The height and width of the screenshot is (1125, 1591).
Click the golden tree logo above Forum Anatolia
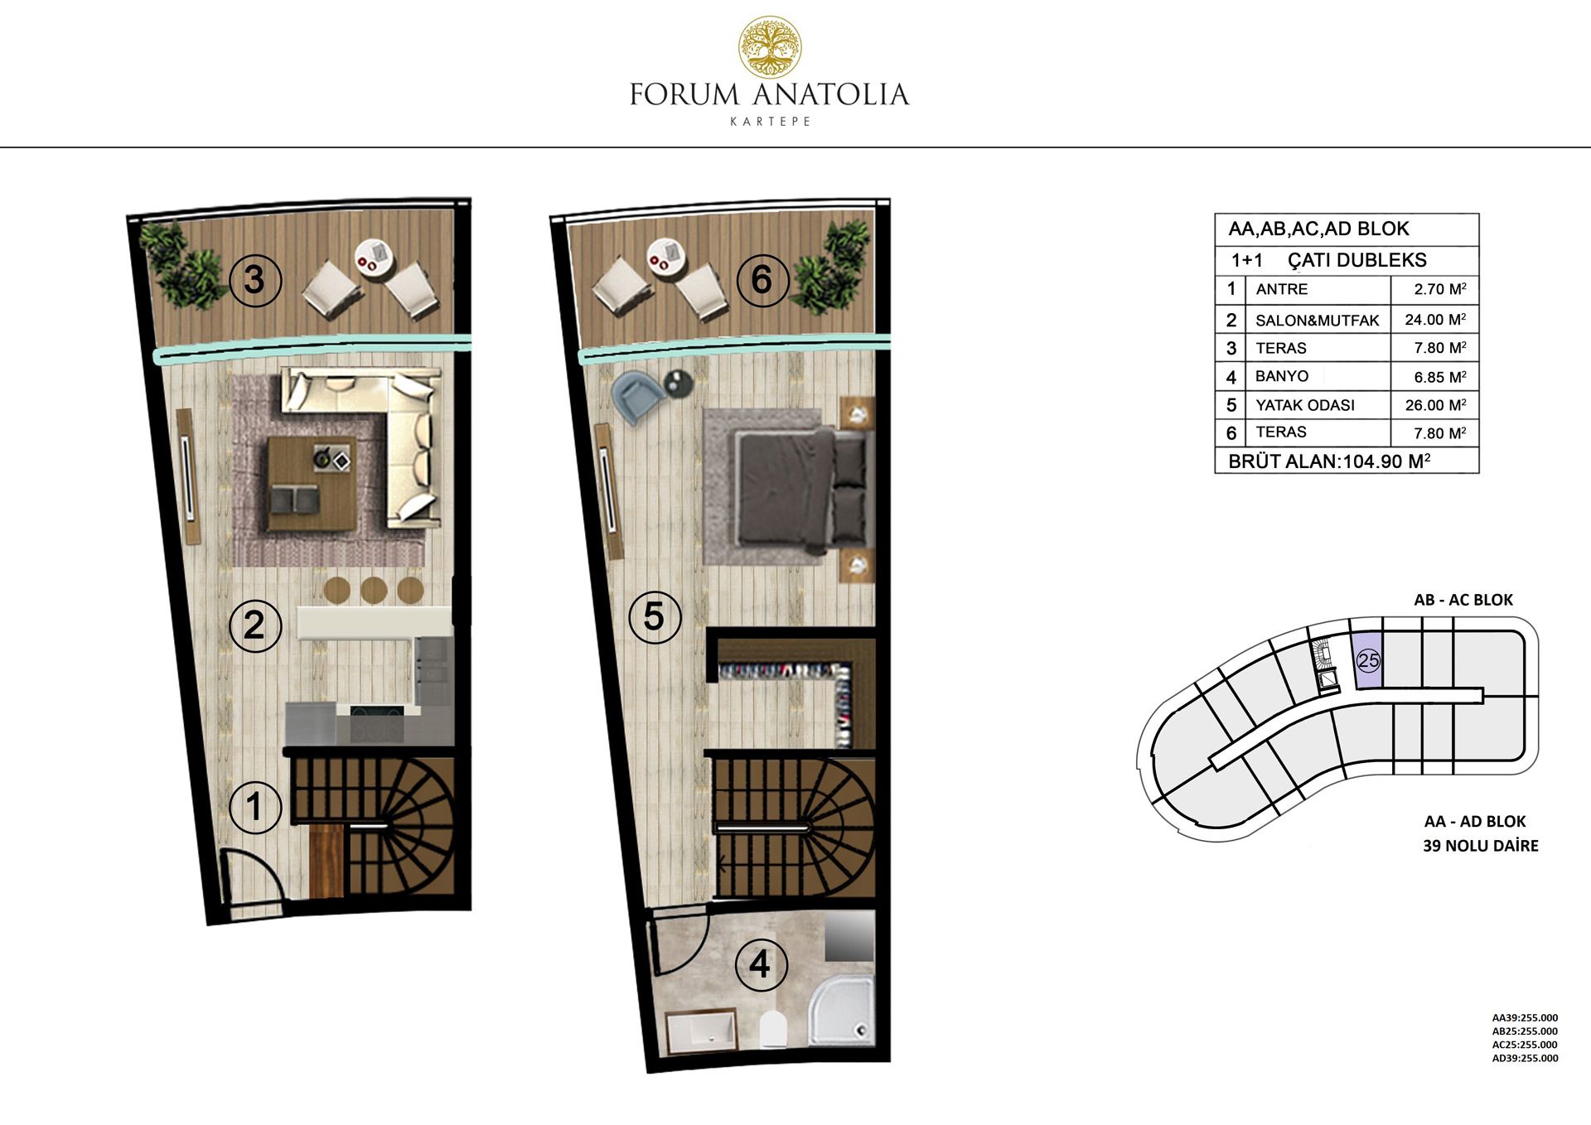770,47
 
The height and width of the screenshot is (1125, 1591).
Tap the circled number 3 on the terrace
254,280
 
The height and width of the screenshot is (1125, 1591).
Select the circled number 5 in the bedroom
654,616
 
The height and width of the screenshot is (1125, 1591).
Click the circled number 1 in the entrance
254,806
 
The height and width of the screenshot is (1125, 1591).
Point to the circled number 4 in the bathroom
760,964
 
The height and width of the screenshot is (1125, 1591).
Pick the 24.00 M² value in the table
1435,319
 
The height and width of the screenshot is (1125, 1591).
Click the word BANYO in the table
1282,376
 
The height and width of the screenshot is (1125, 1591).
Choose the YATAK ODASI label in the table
1305,405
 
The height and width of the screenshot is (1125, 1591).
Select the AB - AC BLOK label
1463,600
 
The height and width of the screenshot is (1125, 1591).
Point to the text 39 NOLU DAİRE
1480,846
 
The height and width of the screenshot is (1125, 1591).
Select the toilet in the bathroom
772,1029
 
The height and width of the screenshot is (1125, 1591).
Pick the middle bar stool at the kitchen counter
374,590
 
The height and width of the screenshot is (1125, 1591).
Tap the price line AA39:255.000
1525,1018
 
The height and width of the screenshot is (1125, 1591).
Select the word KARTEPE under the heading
770,121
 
